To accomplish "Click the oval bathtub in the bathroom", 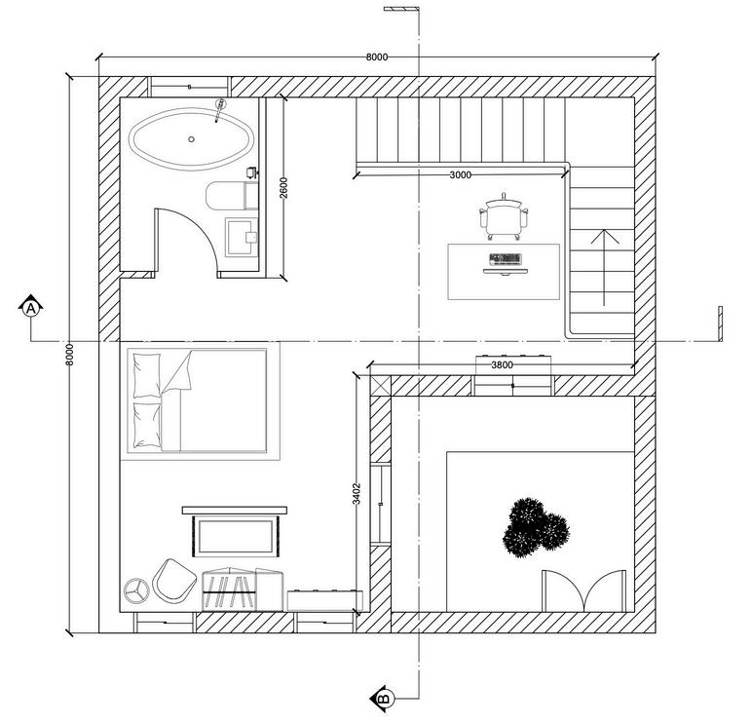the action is pos(191,139).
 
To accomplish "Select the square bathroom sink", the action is pos(241,236).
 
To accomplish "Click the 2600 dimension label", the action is pos(283,187).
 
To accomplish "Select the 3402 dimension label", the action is pos(357,494).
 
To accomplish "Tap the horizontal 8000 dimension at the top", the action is pos(377,57).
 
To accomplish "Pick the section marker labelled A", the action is pos(31,308).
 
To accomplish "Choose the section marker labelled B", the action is pos(383,698).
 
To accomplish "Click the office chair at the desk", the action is pos(505,216).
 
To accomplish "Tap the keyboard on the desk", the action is pos(505,259).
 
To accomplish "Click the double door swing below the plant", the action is pos(583,590).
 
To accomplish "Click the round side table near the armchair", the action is pos(135,590).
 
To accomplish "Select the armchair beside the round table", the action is pos(173,580).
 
